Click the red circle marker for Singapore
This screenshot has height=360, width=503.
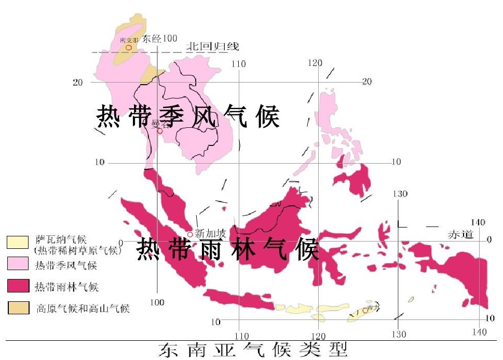(191, 235)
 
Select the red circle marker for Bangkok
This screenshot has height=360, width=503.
(160, 131)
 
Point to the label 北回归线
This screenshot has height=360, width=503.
(213, 47)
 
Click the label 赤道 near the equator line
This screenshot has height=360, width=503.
(461, 235)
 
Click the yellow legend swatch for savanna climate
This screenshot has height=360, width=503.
(18, 242)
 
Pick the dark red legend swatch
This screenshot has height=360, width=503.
(18, 286)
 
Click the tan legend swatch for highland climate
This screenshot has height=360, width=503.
(18, 308)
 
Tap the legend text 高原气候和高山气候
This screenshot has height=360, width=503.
(83, 309)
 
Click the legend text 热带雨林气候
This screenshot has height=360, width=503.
(66, 287)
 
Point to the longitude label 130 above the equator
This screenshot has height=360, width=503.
(400, 194)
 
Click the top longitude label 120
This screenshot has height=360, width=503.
(315, 63)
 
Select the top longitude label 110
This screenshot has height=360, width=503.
(238, 64)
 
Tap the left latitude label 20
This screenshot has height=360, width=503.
(78, 82)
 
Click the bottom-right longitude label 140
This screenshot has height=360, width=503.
(479, 332)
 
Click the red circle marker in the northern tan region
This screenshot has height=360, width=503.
(128, 47)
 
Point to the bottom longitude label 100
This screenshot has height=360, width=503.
(157, 302)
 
